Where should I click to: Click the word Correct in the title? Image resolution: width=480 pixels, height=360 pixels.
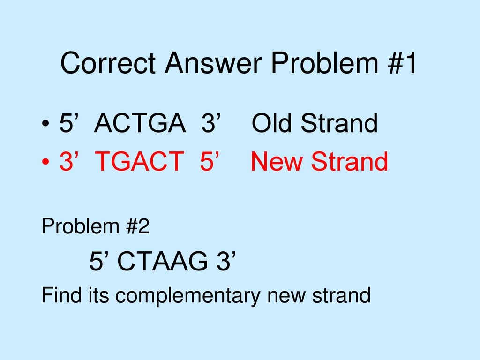108,63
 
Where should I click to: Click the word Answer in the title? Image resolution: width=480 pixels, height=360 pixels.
213,63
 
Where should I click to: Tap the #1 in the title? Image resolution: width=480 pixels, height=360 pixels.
402,63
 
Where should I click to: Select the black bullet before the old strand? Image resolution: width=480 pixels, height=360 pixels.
45,124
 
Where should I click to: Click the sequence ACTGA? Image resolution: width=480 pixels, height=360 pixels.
140,123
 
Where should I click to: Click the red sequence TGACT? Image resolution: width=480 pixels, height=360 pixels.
140,161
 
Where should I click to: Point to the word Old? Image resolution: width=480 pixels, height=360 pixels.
271,123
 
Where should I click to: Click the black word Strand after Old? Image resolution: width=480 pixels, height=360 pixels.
339,123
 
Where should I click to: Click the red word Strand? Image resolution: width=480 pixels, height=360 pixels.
350,161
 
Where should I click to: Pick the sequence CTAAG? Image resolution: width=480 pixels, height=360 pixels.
162,261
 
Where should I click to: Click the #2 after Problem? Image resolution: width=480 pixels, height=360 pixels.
137,226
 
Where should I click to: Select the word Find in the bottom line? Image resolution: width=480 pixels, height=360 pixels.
61,295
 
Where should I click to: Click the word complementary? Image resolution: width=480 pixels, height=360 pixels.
187,296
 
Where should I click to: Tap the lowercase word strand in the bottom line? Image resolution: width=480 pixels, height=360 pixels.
341,295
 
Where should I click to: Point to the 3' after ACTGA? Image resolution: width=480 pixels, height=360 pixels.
210,123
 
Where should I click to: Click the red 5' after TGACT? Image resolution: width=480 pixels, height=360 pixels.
210,161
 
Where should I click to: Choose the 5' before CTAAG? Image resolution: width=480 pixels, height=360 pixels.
100,261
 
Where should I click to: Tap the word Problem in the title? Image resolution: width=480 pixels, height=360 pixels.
324,63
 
